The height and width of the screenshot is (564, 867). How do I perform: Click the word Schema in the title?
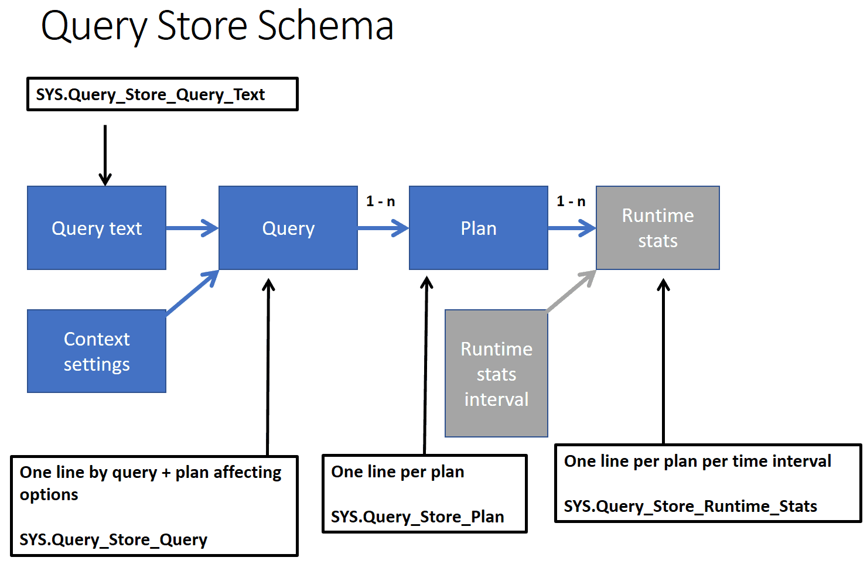pyautogui.click(x=326, y=26)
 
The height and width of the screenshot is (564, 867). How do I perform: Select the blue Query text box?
pyautogui.click(x=97, y=228)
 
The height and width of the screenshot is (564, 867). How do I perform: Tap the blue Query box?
pyautogui.click(x=288, y=228)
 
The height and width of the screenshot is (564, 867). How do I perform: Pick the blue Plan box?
pyautogui.click(x=479, y=228)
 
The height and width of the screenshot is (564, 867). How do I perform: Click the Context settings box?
pyautogui.click(x=97, y=351)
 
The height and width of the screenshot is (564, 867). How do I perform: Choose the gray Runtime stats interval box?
pyautogui.click(x=497, y=373)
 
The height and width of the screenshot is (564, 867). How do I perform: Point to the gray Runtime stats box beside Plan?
pyautogui.click(x=658, y=228)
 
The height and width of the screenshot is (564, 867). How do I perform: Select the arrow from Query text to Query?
pyautogui.click(x=192, y=228)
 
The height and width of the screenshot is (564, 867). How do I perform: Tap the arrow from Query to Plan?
pyautogui.click(x=383, y=228)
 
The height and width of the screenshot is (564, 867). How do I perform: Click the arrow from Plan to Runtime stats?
pyautogui.click(x=572, y=228)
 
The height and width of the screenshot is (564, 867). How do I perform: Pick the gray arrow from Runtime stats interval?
pyautogui.click(x=571, y=290)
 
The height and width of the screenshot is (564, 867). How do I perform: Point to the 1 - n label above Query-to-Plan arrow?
pyautogui.click(x=380, y=201)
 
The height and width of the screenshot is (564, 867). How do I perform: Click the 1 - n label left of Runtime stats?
pyautogui.click(x=571, y=201)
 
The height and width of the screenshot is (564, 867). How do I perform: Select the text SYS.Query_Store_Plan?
pyautogui.click(x=417, y=517)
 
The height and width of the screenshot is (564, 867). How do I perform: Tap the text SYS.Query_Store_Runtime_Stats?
pyautogui.click(x=690, y=507)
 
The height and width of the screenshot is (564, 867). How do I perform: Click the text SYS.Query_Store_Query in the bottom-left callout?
pyautogui.click(x=114, y=540)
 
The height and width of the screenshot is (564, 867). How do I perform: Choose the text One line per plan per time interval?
pyautogui.click(x=698, y=462)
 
